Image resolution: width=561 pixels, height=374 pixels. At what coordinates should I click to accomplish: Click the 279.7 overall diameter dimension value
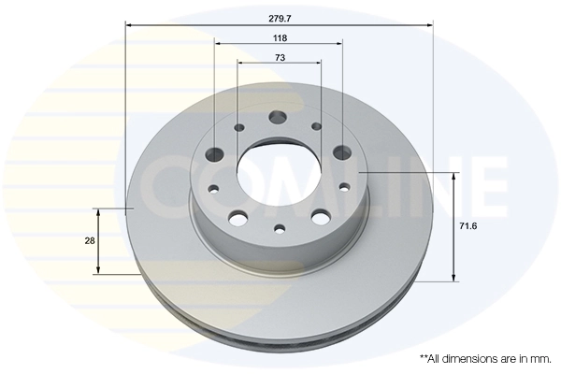point(280,16)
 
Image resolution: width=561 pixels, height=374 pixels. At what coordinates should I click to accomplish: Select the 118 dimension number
point(280,37)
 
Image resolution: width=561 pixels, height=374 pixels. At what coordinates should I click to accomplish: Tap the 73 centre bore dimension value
point(280,58)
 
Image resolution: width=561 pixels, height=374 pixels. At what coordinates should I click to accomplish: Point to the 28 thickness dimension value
point(90,241)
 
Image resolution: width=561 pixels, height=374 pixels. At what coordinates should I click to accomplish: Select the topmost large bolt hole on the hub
point(278,118)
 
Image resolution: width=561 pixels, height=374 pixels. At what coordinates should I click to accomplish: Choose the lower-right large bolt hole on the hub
point(321,218)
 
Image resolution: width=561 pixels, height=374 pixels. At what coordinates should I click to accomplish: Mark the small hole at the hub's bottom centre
point(279,228)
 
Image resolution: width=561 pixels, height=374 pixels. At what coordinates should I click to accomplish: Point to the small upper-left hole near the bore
point(239,127)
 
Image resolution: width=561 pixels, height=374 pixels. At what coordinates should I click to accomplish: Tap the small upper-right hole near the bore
point(316,126)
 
